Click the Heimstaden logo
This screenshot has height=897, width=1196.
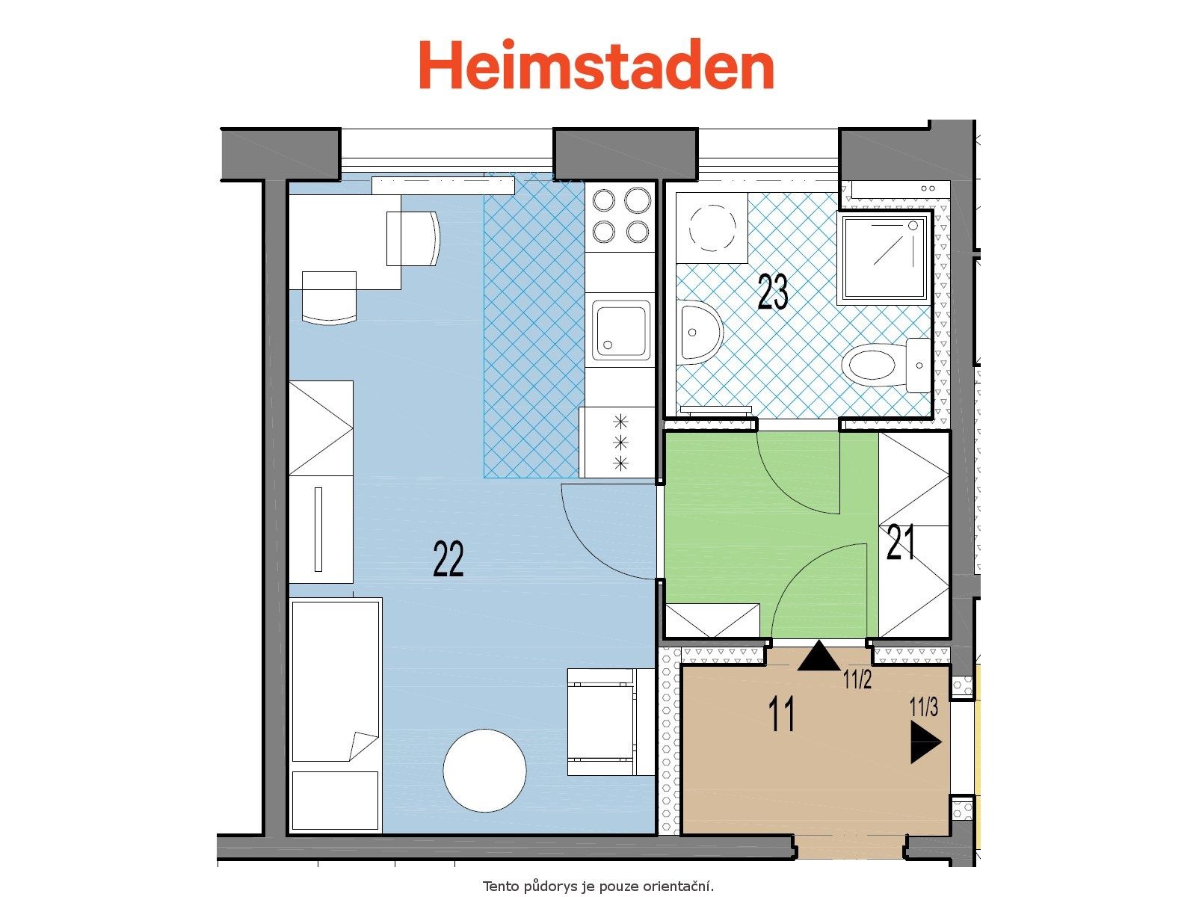pos(596,64)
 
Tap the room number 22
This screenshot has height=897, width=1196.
pos(448,558)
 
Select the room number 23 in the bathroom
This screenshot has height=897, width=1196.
pos(773,292)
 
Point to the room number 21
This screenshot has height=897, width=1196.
pos(900,542)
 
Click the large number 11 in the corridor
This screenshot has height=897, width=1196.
pos(781,713)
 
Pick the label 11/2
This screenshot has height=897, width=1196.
pos(857,679)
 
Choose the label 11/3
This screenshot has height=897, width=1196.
pos(924,707)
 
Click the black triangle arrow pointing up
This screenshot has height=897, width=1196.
pos(819,656)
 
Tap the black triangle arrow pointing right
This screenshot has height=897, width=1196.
pos(925,742)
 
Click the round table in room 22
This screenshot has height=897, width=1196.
pos(484,771)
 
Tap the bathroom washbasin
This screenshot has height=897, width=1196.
pos(700,332)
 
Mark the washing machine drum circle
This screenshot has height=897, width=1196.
pos(712,228)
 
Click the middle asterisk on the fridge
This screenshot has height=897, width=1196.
pos(620,443)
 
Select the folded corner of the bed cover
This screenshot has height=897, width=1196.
pos(361,745)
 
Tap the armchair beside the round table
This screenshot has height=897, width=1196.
pos(610,721)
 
